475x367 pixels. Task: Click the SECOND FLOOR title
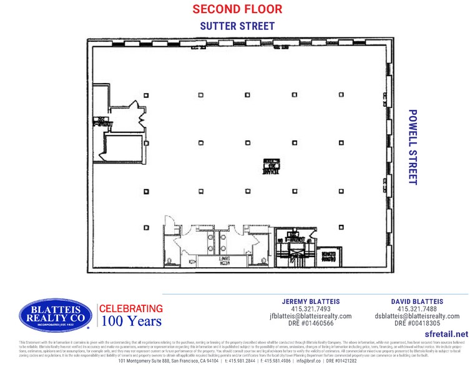pyautogui.click(x=237, y=9)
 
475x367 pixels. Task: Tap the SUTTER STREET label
pyautogui.click(x=237, y=26)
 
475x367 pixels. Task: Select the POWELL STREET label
pyautogui.click(x=412, y=147)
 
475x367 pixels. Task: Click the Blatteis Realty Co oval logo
pyautogui.click(x=56, y=316)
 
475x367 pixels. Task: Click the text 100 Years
pyautogui.click(x=131, y=322)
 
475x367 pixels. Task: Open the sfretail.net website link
pyautogui.click(x=445, y=335)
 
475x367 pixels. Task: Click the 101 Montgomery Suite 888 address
pyautogui.click(x=169, y=361)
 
